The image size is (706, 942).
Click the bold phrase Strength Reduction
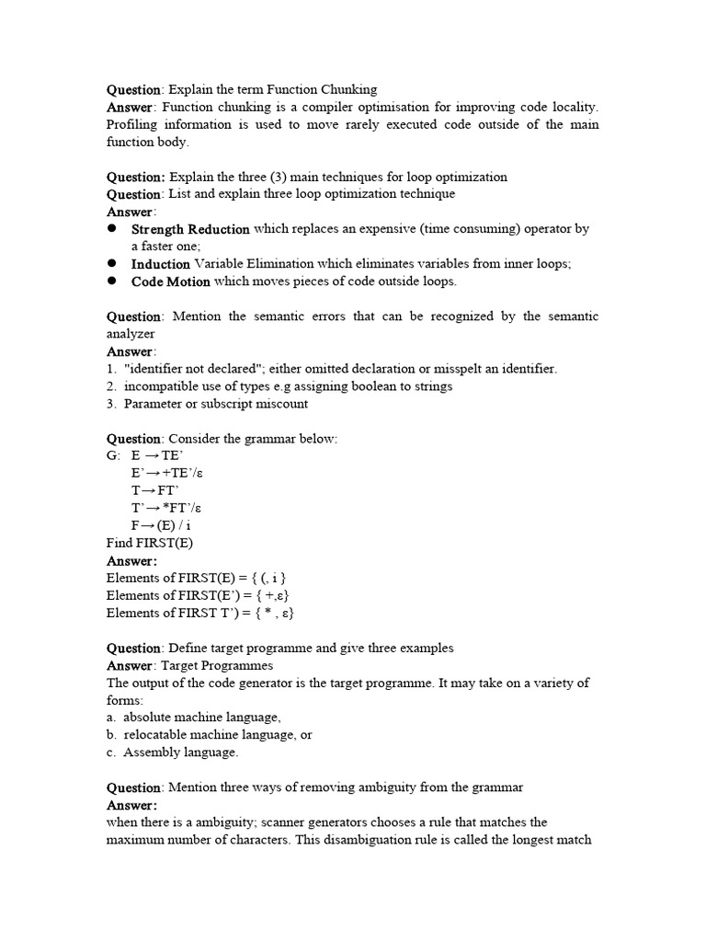click(x=190, y=229)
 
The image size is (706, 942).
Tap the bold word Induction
click(x=160, y=264)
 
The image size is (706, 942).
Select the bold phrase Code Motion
click(x=170, y=281)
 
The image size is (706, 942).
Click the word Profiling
click(x=136, y=124)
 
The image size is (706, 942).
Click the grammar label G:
click(x=114, y=455)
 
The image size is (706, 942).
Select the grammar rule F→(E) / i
click(x=162, y=525)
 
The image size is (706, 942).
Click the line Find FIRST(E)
click(x=150, y=543)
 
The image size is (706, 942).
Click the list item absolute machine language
click(x=202, y=718)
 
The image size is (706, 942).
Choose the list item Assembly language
click(x=180, y=752)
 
